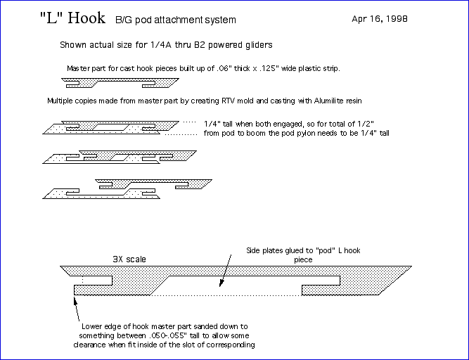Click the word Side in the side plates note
[x=254, y=251]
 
